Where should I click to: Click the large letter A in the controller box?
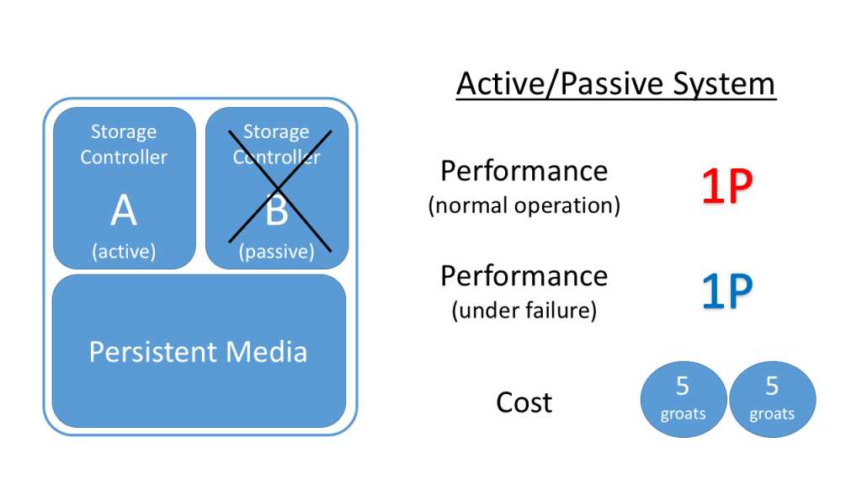[124, 212]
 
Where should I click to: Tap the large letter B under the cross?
[277, 212]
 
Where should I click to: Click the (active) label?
[124, 252]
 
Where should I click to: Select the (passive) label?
[277, 252]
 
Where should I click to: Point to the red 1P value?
[727, 187]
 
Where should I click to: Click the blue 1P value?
[727, 291]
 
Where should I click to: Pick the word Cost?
[524, 402]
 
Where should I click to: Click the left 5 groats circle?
[683, 398]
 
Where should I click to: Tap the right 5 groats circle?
[772, 398]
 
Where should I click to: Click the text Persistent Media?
[199, 351]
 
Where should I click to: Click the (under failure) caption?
[524, 311]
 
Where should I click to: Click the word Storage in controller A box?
[124, 132]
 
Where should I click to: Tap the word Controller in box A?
[124, 157]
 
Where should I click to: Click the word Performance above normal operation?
[524, 171]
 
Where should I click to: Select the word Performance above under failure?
[524, 276]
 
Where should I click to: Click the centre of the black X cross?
[277, 191]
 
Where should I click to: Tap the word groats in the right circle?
[772, 413]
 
